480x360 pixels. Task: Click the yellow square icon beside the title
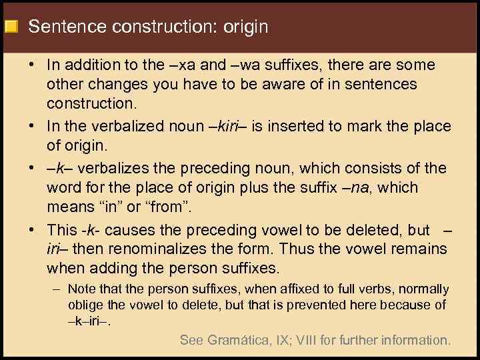[11, 27]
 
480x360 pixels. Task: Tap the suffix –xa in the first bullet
[178, 65]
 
